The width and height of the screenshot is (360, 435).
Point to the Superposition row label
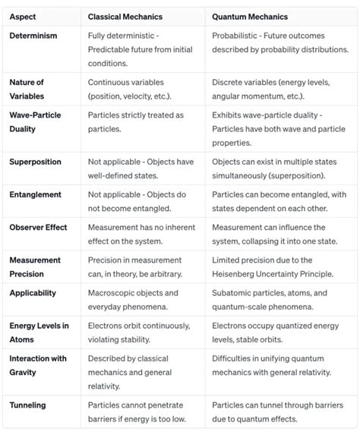tap(36, 162)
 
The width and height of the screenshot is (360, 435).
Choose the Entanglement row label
tap(36, 194)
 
